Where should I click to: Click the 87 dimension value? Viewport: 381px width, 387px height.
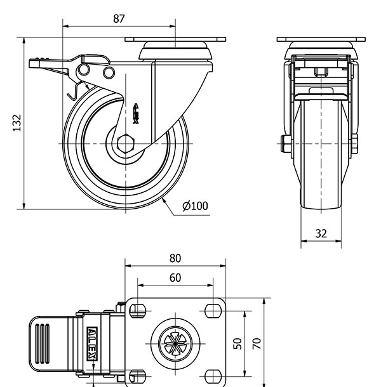[x=119, y=18]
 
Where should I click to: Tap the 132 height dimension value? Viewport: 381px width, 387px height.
[x=17, y=123]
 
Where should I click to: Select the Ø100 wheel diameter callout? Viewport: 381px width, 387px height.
[x=194, y=206]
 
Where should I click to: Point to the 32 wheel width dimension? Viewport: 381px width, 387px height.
[x=321, y=233]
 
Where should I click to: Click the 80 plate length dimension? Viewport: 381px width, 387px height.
[x=175, y=258]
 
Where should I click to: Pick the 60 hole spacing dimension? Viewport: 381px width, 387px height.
[x=175, y=277]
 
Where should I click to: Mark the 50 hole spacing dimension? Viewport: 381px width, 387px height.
[x=237, y=343]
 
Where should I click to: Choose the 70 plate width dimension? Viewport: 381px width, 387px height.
[x=257, y=343]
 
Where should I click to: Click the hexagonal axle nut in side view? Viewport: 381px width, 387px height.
[x=126, y=144]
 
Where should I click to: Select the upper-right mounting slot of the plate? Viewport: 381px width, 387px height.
[x=211, y=310]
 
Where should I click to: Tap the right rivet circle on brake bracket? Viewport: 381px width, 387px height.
[x=108, y=73]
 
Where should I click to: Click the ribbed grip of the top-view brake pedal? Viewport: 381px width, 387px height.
[x=43, y=343]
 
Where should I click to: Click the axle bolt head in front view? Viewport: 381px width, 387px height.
[x=281, y=144]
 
